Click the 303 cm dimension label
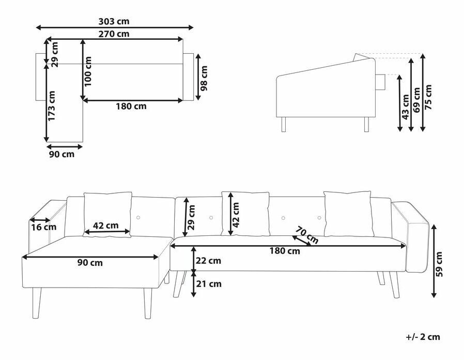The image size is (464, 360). click(114, 21)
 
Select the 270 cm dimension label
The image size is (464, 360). click(114, 34)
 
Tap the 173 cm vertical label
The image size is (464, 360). click(52, 106)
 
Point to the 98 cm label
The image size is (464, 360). click(204, 78)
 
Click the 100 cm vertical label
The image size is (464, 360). click(88, 71)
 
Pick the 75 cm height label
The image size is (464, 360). click(428, 97)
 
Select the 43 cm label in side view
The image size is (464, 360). click(406, 107)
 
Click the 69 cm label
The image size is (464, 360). click(417, 100)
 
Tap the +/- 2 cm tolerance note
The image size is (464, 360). click(423, 337)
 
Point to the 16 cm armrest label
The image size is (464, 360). click(44, 227)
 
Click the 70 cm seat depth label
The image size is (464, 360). click(307, 235)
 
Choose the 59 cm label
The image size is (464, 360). click(439, 264)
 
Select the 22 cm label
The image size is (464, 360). click(208, 261)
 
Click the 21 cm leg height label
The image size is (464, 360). click(209, 284)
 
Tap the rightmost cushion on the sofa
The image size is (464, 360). click(347, 214)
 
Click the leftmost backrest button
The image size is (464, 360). click(138, 218)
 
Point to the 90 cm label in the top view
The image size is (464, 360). click(62, 154)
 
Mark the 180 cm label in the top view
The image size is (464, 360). click(131, 106)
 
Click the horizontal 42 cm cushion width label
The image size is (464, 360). click(105, 226)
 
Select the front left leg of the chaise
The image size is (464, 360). click(36, 303)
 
